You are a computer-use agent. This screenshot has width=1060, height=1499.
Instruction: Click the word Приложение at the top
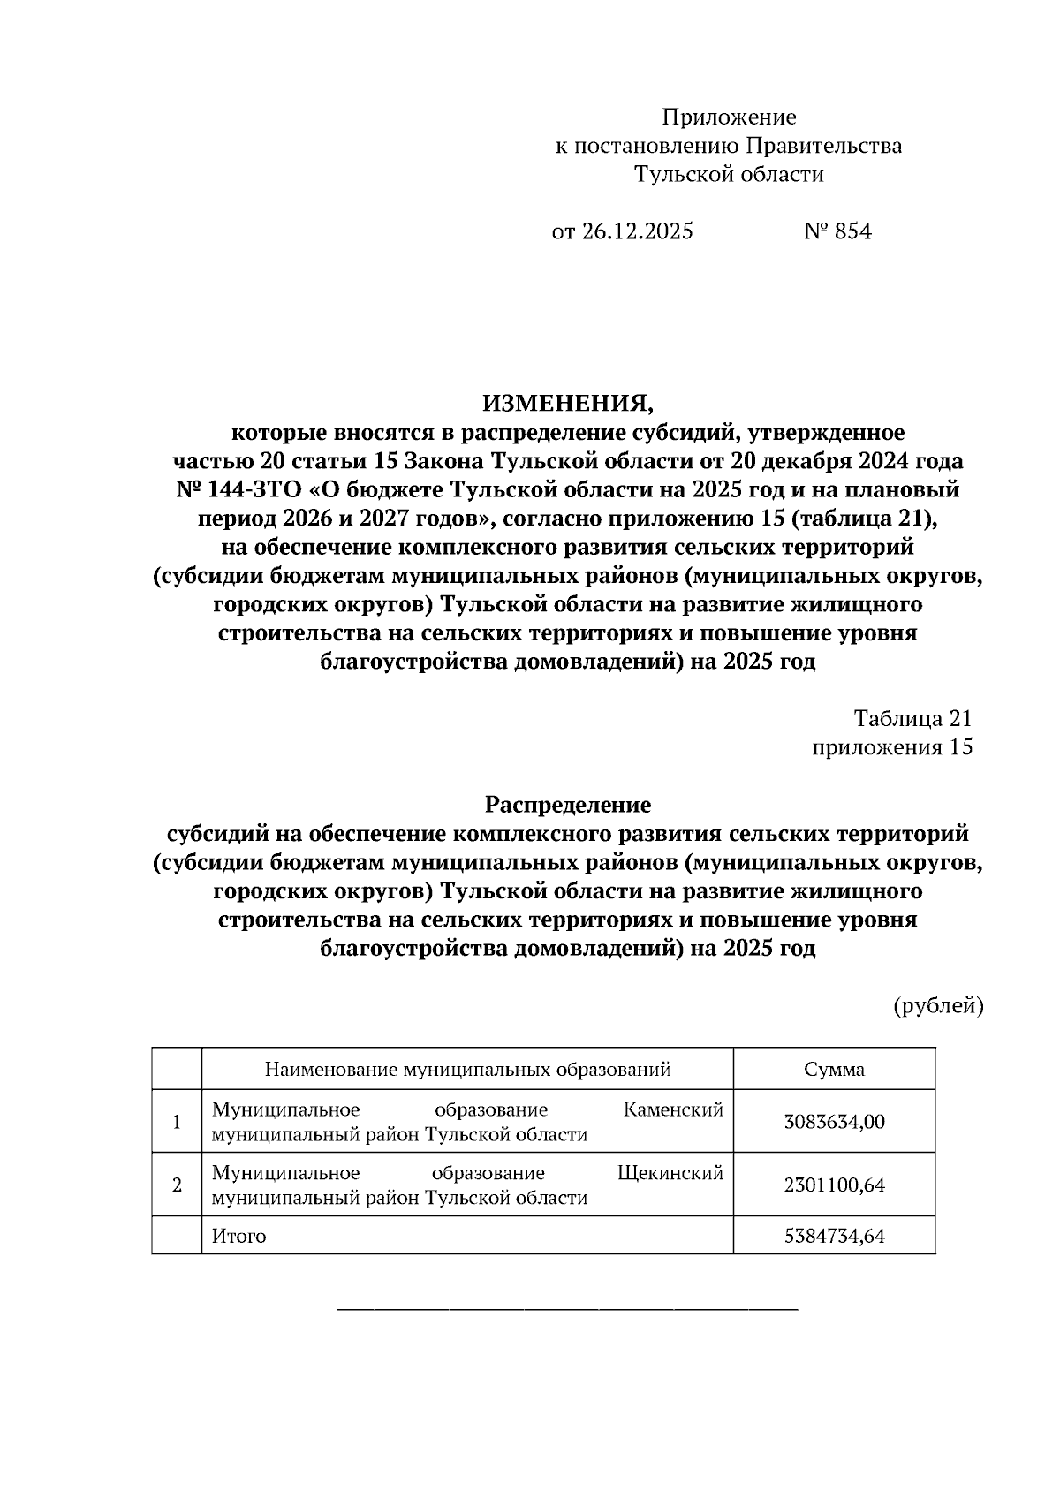point(729,117)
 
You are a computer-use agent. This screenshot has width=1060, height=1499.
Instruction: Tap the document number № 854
point(837,231)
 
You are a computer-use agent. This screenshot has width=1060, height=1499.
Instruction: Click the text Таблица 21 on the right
point(912,718)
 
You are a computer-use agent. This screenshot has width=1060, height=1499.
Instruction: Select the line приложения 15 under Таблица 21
point(892,747)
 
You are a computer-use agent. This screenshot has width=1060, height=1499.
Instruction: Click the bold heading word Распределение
point(567,805)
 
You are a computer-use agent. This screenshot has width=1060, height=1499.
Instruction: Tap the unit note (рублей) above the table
point(938,1005)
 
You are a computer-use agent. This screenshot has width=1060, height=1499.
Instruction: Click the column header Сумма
point(834,1070)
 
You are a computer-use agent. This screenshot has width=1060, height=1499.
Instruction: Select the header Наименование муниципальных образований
point(467,1070)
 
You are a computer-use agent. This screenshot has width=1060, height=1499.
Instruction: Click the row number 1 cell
point(177,1122)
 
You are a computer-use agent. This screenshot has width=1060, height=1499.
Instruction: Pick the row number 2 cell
point(177,1185)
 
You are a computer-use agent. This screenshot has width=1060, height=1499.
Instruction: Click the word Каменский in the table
point(673,1109)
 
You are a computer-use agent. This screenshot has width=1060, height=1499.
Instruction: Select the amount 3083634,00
point(834,1122)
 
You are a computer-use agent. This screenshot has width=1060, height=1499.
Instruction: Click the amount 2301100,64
point(834,1185)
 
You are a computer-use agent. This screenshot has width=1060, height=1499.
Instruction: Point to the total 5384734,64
point(834,1236)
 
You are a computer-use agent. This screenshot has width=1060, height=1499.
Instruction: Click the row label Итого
point(238,1236)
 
